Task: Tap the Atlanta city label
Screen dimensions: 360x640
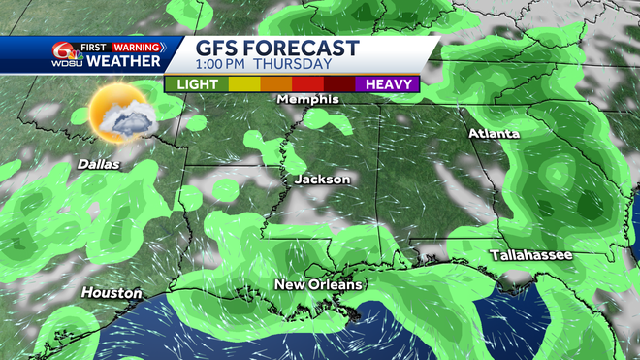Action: (494, 133)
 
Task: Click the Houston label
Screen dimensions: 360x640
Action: (111, 292)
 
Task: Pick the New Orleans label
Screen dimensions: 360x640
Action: (318, 284)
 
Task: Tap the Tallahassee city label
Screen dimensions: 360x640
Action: (529, 254)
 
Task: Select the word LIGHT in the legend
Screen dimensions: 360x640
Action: (197, 84)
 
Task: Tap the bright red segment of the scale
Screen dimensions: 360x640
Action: (307, 84)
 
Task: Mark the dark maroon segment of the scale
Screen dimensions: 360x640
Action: (339, 84)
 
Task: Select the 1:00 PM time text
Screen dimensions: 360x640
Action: (223, 66)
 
